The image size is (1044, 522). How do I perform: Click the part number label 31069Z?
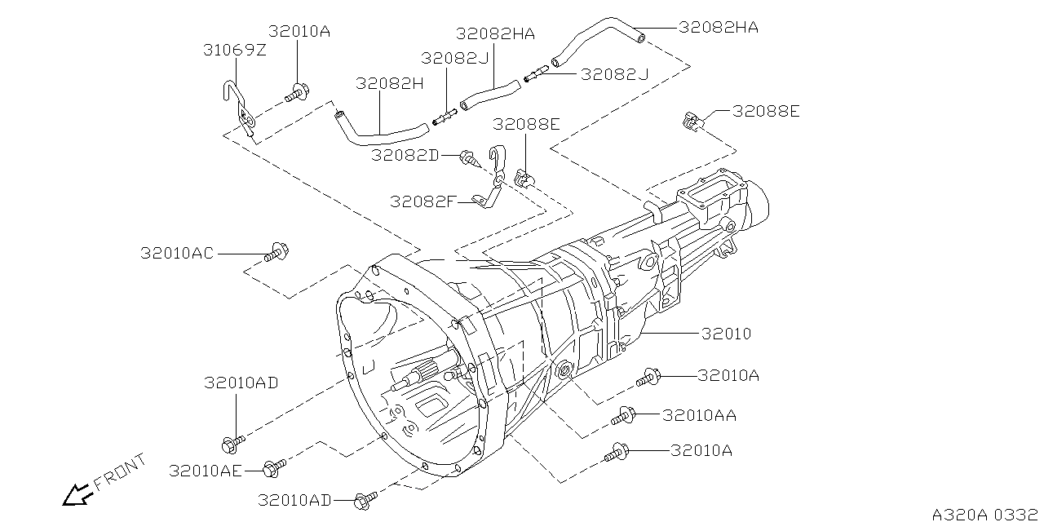[235, 51]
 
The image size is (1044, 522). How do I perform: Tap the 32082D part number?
[405, 154]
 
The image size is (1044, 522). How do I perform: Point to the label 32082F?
[422, 201]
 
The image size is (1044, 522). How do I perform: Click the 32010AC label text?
[176, 254]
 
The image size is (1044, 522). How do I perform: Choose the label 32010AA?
[699, 415]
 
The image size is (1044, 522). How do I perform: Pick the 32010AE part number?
[206, 471]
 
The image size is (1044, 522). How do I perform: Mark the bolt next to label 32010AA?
[624, 417]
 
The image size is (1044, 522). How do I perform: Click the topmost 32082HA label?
[719, 27]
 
